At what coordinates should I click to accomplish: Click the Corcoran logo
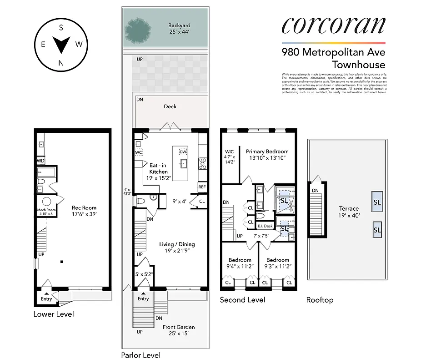click(x=333, y=25)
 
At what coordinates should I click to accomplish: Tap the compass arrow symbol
click(x=61, y=45)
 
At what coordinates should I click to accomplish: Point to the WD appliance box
click(x=40, y=161)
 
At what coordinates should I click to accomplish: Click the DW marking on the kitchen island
click(x=183, y=152)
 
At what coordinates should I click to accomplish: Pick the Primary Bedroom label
click(x=267, y=154)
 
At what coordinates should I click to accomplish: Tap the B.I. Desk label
click(x=265, y=226)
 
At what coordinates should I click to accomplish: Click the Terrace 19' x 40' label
click(x=349, y=212)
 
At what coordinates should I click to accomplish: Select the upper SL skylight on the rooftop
click(x=377, y=202)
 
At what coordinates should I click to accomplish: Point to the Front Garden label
click(x=179, y=330)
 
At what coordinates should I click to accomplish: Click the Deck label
click(x=170, y=106)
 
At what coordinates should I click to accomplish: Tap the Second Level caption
click(x=242, y=300)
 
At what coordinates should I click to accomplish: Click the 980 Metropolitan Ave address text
click(x=333, y=52)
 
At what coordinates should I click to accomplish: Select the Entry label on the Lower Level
click(x=46, y=298)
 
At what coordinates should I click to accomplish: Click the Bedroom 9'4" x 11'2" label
click(x=240, y=263)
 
